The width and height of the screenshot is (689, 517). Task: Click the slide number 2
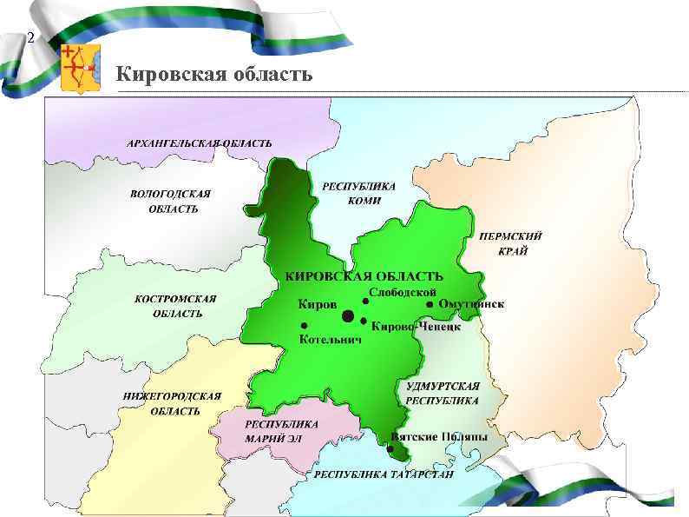[x=31, y=39]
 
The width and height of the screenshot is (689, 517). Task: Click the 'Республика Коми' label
[x=359, y=193]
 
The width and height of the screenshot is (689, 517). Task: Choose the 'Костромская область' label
[x=176, y=305]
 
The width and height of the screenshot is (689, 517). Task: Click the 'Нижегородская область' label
[x=173, y=403]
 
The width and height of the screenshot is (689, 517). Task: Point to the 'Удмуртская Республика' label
[x=443, y=393]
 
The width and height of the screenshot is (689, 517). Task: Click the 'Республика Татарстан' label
[x=384, y=475]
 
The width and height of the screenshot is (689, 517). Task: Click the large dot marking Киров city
[x=347, y=315]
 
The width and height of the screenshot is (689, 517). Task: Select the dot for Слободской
[x=365, y=301]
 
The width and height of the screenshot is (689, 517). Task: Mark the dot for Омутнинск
[x=430, y=304]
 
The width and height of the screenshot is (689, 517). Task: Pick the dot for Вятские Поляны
[x=390, y=449]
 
